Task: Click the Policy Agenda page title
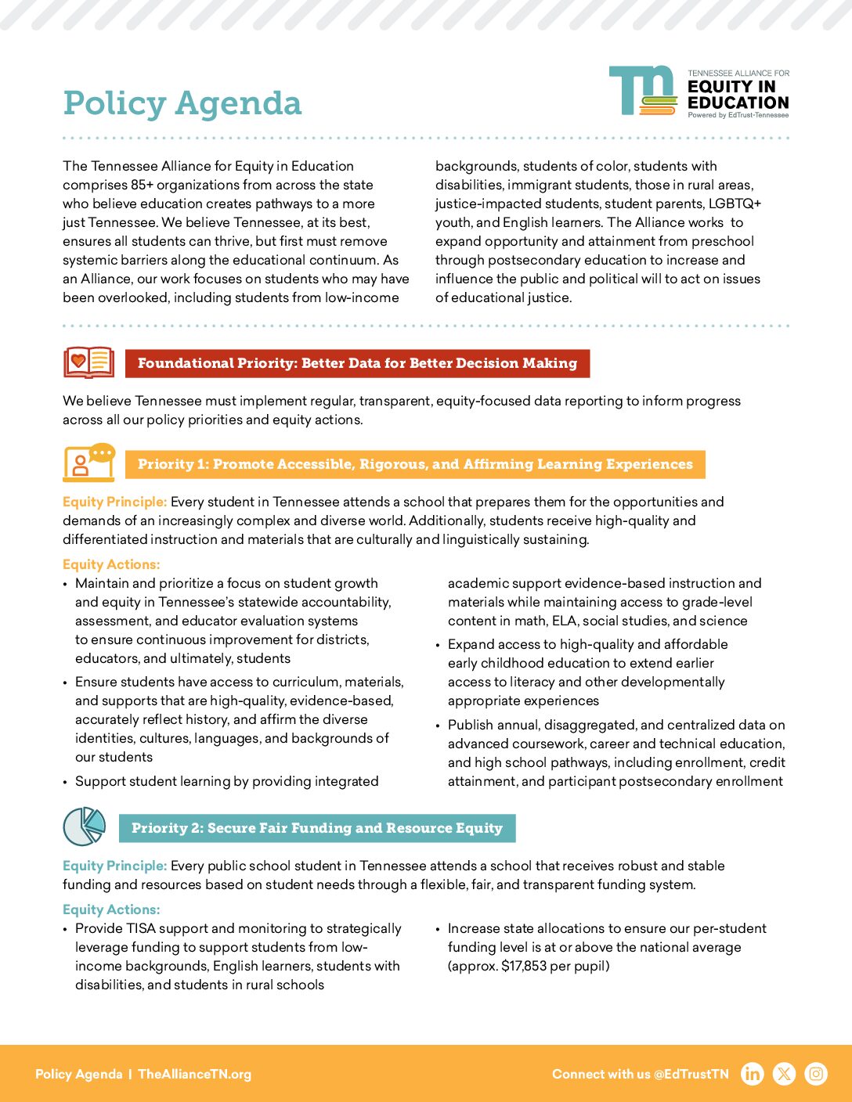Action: (x=182, y=103)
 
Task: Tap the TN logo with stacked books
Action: (x=643, y=91)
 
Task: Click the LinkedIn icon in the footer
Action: (x=752, y=1074)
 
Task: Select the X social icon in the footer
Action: (x=784, y=1074)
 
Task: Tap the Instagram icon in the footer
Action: (x=816, y=1074)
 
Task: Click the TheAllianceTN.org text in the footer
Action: (x=195, y=1074)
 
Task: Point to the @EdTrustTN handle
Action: (x=691, y=1074)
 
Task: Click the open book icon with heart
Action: (x=88, y=363)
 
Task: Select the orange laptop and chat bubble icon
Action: (x=88, y=463)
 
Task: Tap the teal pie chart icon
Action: (x=84, y=826)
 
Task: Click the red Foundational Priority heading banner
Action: (x=357, y=363)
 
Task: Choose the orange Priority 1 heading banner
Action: (x=415, y=464)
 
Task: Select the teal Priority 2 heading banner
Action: (x=317, y=828)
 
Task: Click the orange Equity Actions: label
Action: (x=111, y=564)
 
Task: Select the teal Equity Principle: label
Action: (x=114, y=866)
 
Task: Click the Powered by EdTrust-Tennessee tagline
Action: (x=738, y=115)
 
